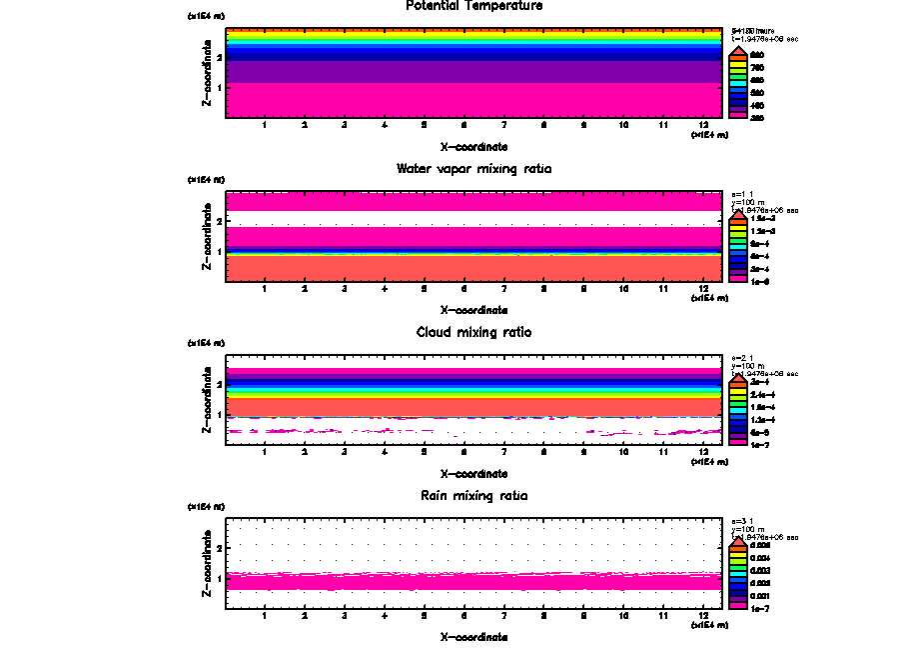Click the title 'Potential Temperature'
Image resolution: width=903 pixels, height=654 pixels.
(473, 6)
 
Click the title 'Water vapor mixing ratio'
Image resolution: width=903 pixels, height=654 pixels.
(473, 169)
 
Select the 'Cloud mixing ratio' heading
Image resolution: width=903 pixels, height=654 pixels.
(473, 332)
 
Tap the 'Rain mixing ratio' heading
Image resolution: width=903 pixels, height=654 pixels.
(473, 496)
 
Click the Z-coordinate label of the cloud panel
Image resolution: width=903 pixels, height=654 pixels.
(207, 399)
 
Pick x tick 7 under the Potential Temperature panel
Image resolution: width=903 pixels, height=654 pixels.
(504, 125)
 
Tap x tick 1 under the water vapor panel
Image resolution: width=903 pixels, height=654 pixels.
(265, 289)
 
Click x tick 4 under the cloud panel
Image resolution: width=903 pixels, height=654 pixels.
(385, 452)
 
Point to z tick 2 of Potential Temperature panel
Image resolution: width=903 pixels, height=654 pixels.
(219, 58)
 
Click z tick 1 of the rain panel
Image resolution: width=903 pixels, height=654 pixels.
(219, 579)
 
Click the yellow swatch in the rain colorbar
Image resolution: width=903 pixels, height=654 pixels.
(737, 558)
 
